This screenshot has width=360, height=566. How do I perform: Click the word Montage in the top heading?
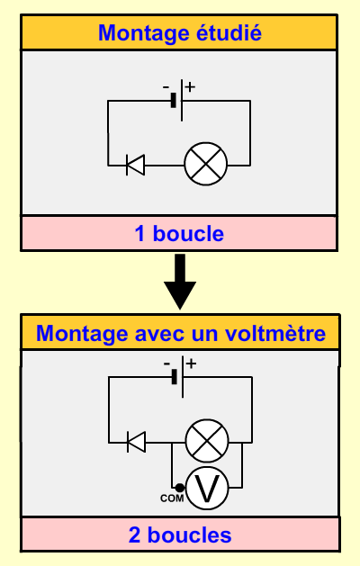click(x=144, y=34)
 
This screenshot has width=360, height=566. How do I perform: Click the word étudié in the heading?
click(x=229, y=32)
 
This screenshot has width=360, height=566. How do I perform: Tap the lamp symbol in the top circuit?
click(x=206, y=164)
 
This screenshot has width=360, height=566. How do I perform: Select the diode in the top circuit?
click(x=135, y=165)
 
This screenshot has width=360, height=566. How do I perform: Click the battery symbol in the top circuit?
click(x=177, y=101)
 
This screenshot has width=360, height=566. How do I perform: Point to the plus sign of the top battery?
click(x=190, y=87)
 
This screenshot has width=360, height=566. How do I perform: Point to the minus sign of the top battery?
click(x=166, y=87)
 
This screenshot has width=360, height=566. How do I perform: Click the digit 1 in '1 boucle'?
click(x=140, y=234)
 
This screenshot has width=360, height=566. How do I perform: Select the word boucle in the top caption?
click(x=188, y=233)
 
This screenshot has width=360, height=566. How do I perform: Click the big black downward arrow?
click(x=180, y=281)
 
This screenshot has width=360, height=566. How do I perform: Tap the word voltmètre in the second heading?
click(x=275, y=333)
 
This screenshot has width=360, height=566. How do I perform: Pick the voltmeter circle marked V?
click(x=207, y=488)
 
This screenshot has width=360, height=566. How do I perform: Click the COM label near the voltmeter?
click(x=172, y=499)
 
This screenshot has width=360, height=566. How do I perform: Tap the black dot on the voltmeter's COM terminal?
click(x=179, y=488)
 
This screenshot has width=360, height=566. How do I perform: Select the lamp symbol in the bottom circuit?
click(x=207, y=441)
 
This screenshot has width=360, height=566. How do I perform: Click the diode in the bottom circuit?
click(x=137, y=442)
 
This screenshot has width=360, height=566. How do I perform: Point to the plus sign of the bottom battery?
click(x=192, y=364)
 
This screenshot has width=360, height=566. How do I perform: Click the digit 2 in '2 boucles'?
click(x=134, y=535)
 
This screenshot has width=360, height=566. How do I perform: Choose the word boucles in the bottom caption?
click(x=190, y=535)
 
